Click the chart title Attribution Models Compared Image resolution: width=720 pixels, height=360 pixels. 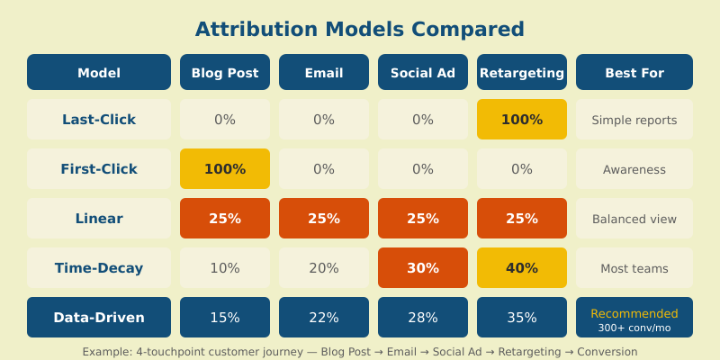point(360,29)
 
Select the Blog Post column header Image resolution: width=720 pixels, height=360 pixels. point(225,73)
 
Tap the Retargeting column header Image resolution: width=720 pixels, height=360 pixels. point(522,73)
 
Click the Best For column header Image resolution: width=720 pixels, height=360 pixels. point(634,73)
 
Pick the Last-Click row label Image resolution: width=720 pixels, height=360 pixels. point(99,120)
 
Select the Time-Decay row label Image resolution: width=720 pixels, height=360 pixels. point(99,268)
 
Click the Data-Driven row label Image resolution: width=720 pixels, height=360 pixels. point(99,318)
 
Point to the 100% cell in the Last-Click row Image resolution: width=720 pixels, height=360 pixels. point(522,120)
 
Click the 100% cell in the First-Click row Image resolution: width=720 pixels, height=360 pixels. point(225,169)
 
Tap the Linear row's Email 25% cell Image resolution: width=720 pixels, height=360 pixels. point(324,219)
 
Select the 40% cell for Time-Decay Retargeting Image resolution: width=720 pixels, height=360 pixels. point(522,268)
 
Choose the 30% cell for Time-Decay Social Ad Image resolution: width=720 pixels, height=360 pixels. point(423,268)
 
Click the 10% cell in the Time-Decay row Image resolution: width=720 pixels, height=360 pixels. point(225,268)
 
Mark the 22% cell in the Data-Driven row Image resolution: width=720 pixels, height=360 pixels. point(324,318)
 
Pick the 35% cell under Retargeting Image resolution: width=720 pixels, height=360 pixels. point(522,318)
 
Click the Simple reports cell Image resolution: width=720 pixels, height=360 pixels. point(634,120)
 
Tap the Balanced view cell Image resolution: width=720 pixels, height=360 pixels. point(634,219)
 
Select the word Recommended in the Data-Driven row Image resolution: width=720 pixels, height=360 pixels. point(634,313)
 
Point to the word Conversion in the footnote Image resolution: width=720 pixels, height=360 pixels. point(607,352)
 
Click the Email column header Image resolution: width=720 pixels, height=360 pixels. point(324,73)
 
